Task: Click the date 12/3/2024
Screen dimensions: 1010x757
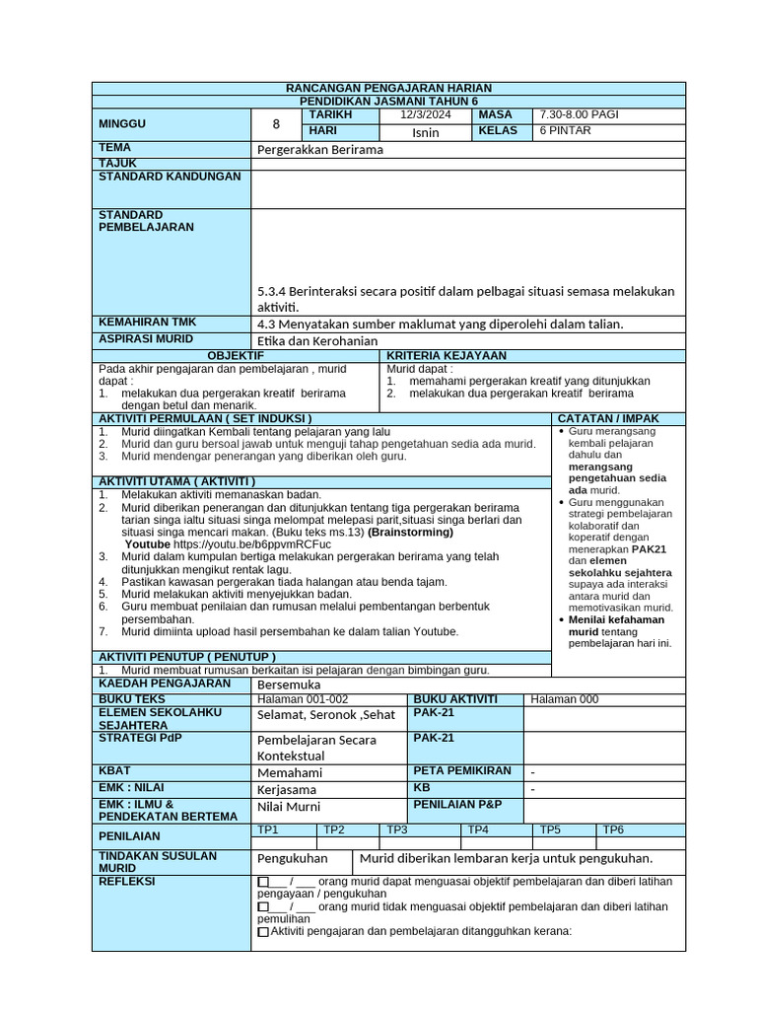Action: (x=425, y=115)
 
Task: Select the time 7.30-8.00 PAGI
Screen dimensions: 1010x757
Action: (x=580, y=115)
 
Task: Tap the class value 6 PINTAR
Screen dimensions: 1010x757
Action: (x=565, y=131)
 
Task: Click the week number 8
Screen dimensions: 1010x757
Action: (x=276, y=124)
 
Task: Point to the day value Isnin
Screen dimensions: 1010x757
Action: (x=426, y=132)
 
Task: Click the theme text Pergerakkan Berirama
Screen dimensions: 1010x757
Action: (x=319, y=150)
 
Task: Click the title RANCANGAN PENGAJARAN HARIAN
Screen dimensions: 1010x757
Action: (x=388, y=89)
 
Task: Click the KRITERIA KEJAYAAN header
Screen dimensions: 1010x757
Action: (x=447, y=355)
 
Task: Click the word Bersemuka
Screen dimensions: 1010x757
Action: (x=289, y=685)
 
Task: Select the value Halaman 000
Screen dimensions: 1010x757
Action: (x=564, y=699)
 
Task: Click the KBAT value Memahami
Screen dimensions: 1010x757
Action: (x=289, y=772)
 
